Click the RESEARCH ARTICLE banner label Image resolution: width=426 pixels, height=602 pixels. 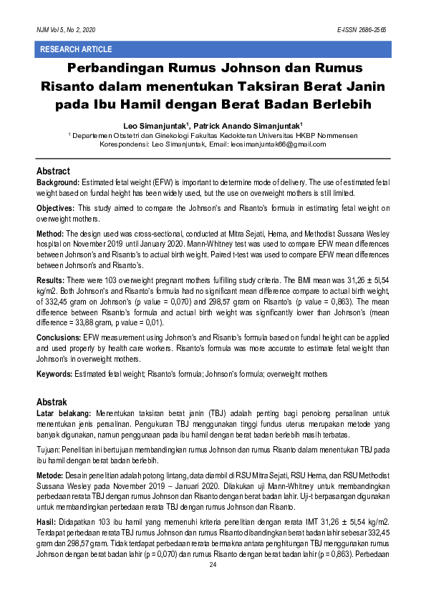click(77, 49)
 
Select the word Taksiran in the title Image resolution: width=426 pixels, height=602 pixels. click(269, 87)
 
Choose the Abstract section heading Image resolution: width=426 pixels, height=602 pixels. click(53, 172)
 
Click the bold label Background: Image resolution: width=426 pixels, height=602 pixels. click(58, 184)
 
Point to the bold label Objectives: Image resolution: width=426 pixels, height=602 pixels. click(57, 207)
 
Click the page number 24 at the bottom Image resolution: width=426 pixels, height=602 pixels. click(213, 565)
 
